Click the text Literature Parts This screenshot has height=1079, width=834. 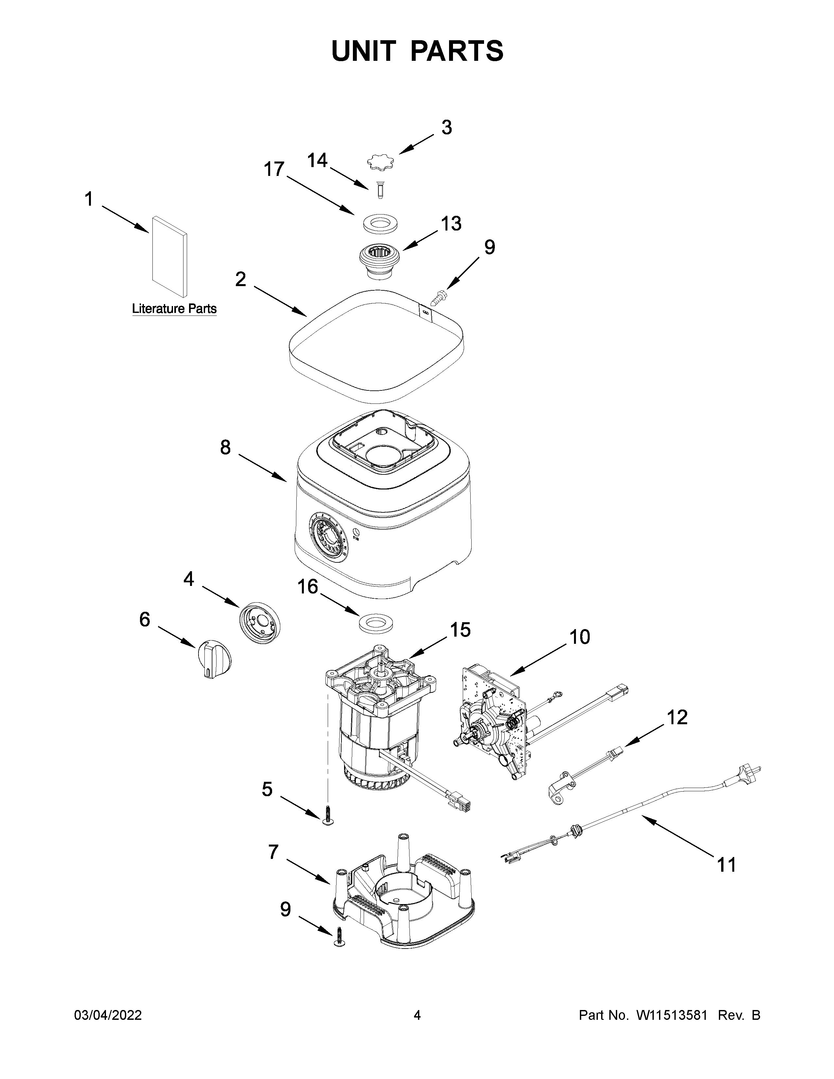174,309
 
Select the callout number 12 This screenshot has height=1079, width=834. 677,717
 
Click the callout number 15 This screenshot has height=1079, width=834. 460,630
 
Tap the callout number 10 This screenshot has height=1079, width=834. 580,637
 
